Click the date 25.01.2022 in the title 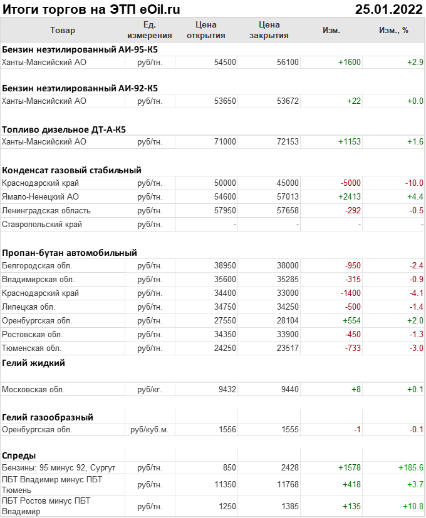tap(388, 9)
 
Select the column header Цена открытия tap(205, 30)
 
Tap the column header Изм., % tap(393, 30)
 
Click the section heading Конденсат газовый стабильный tap(71, 170)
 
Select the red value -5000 tap(351, 183)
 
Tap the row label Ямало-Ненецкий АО tap(40, 196)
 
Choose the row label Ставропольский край tap(42, 224)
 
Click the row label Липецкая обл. tap(29, 307)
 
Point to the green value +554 tap(351, 320)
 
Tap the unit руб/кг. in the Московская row tap(150, 389)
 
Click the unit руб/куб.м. tap(150, 430)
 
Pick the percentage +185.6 tap(411, 467)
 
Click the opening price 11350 tap(225, 484)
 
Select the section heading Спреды tap(19, 455)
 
